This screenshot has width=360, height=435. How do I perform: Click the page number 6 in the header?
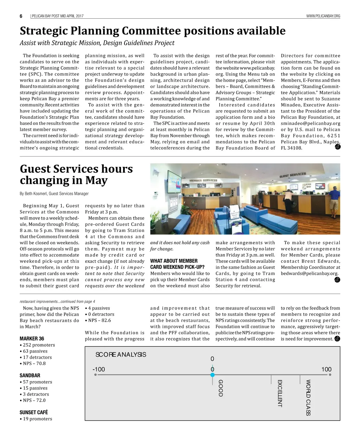point(21,16)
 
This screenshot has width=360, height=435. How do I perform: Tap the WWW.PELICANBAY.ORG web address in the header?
point(323,16)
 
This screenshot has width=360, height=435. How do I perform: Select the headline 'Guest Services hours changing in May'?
point(76,174)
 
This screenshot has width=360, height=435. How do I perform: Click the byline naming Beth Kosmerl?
point(54,194)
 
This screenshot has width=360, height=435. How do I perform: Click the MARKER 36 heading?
point(32,339)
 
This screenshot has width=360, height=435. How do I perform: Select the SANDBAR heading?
point(30,376)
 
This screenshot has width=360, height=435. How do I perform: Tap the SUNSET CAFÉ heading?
point(34,413)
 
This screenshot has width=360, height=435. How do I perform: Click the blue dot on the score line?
point(212,375)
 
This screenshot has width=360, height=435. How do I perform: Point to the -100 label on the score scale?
point(99,369)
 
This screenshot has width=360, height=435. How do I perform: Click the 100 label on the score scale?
point(326,369)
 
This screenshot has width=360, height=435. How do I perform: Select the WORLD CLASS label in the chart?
point(308,397)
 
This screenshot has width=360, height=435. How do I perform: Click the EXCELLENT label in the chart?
point(280,393)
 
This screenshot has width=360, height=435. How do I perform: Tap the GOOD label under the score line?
point(220,388)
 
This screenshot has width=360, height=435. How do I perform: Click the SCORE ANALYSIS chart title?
point(121,355)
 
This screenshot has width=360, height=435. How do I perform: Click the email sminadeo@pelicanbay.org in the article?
point(310,123)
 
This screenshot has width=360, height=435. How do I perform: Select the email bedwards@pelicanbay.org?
point(309,273)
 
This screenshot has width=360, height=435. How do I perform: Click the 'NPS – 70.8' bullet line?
point(33,363)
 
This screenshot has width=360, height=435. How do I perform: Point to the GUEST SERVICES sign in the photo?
point(292,175)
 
